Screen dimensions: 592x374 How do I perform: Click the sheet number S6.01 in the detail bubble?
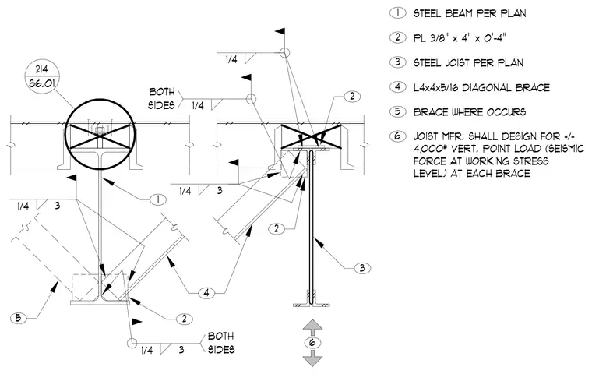(41, 83)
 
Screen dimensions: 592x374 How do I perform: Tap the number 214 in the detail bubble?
(41, 69)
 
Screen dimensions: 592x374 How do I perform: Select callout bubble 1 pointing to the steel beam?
(158, 199)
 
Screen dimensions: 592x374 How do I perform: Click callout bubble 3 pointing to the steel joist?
(362, 268)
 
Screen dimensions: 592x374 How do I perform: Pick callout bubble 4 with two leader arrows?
(206, 292)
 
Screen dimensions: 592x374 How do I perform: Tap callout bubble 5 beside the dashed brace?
(18, 318)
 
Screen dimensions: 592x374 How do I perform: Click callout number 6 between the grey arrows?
(312, 343)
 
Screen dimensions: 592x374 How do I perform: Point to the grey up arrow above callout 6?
(312, 326)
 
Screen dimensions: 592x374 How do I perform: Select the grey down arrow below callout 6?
(312, 358)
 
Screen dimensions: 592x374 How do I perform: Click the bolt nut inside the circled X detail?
(99, 131)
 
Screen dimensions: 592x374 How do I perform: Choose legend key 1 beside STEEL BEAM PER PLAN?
(397, 12)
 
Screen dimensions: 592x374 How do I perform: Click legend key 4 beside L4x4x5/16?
(397, 87)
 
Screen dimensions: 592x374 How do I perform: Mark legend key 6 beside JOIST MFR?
(397, 136)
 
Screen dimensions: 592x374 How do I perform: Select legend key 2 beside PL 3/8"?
(397, 37)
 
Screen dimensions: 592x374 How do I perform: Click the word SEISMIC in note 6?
(566, 149)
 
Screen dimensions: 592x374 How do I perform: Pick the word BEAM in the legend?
(459, 13)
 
